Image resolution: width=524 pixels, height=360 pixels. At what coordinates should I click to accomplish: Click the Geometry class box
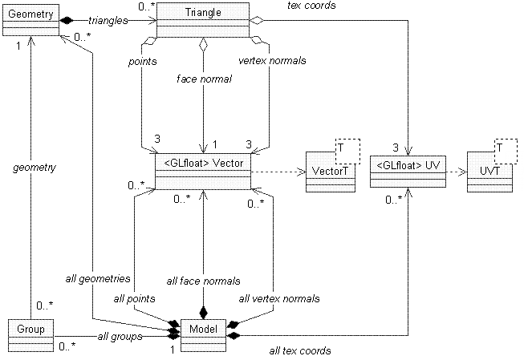(30, 20)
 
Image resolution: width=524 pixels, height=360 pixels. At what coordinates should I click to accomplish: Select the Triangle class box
(203, 20)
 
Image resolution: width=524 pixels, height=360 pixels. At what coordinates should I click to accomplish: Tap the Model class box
(203, 335)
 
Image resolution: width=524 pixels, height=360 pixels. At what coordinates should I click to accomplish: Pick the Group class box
(30, 335)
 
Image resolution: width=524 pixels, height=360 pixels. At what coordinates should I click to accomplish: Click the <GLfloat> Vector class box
(203, 172)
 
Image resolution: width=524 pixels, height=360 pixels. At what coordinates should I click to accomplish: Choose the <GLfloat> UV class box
(408, 172)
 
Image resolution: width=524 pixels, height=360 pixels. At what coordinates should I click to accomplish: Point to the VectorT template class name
(330, 171)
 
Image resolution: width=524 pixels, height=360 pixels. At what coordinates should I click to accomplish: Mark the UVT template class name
(489, 171)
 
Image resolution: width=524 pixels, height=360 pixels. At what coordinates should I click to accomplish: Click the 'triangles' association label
(108, 21)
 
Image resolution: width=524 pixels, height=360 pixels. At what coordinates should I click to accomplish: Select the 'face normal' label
(204, 79)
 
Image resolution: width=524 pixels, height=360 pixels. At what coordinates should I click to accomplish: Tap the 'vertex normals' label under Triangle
(272, 61)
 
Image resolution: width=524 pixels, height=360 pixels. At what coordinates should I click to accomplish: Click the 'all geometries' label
(98, 279)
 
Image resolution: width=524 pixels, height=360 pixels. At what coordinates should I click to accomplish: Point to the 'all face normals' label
(203, 281)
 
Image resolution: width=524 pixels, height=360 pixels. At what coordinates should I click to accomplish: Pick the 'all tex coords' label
(300, 350)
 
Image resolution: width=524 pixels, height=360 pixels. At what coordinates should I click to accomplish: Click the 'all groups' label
(120, 337)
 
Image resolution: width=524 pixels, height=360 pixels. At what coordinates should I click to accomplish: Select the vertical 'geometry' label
(35, 168)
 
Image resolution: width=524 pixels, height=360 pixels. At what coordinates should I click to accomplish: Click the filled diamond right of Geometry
(67, 20)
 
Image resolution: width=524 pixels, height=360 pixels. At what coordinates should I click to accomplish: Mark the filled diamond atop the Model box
(203, 313)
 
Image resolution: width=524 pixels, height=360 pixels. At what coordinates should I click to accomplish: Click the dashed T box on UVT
(506, 152)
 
